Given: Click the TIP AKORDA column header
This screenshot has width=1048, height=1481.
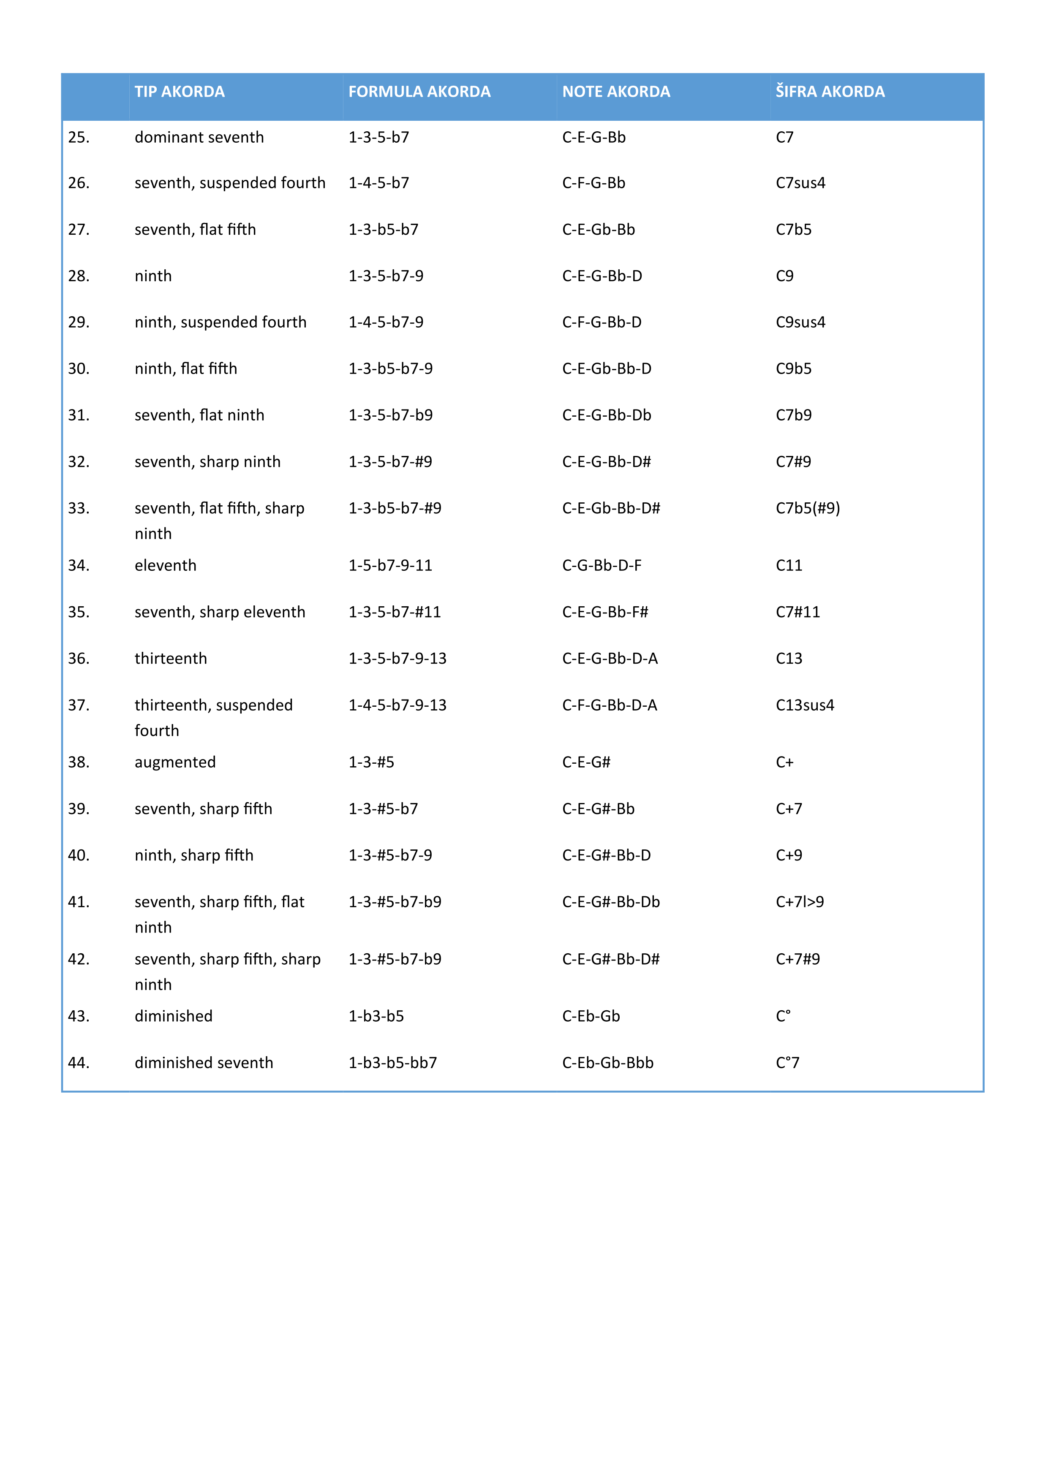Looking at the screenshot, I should pos(180,92).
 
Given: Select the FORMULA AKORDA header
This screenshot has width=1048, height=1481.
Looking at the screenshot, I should pos(419,92).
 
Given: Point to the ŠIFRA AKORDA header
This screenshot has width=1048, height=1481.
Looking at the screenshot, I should pos(830,92).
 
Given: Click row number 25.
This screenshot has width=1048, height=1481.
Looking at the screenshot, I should pos(79,137).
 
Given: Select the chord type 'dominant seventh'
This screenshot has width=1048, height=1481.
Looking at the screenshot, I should pos(199,137).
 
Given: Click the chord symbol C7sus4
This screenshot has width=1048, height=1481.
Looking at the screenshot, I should pos(800,183).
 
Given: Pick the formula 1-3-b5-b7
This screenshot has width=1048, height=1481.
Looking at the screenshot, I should pos(383,230).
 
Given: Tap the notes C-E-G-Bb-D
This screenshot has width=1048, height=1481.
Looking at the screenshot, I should pos(602,276).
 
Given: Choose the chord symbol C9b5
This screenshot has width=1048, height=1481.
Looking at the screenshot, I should pos(793,369).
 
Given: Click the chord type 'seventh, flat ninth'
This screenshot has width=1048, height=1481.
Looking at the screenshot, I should pos(199,415).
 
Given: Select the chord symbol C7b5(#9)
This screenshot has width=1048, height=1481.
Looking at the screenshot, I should pos(807,508).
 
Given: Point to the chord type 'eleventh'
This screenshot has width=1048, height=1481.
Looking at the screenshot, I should pos(165,566).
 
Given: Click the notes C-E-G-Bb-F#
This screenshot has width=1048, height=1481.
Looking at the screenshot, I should pos(604,612).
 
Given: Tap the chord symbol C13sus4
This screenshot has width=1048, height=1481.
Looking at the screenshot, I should pos(805,705).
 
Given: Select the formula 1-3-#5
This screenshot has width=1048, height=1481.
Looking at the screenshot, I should pos(371,762).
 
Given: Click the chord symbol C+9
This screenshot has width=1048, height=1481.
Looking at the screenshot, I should pos(789,855).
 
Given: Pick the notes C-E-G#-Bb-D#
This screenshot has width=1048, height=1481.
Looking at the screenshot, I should pos(610,959).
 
